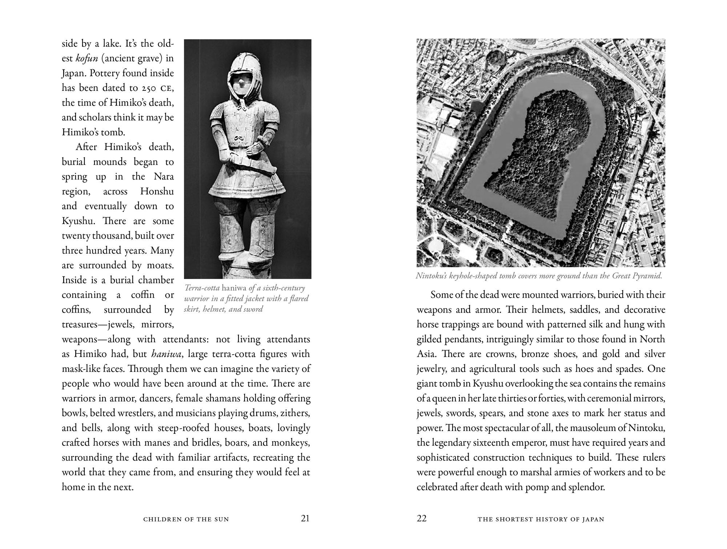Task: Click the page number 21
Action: coord(305,518)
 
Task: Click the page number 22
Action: coord(422,518)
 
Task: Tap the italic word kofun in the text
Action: coord(87,58)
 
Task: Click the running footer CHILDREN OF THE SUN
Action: coord(186,519)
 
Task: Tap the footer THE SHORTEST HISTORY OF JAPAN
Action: coord(541,519)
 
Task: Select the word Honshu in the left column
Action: coord(157,191)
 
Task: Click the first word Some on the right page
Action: coord(441,295)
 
